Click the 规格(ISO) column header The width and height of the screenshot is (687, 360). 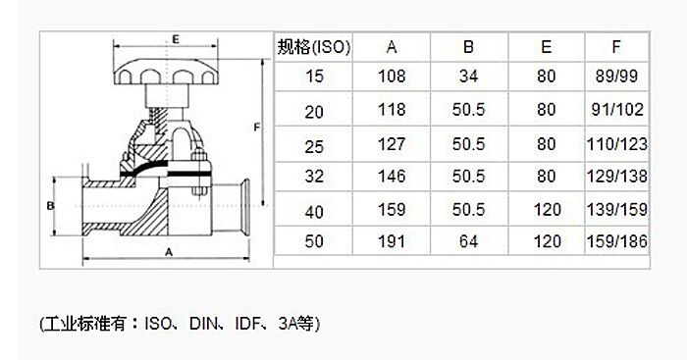[314, 47]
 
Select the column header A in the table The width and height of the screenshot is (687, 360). [392, 47]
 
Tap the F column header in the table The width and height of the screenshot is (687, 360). [616, 46]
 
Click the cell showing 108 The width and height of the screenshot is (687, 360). [392, 77]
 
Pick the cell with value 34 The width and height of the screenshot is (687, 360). [468, 77]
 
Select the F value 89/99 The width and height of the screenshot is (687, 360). [616, 77]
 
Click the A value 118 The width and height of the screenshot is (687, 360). [392, 110]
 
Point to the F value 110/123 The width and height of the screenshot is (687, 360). [617, 144]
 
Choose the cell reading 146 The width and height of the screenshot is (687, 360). [392, 176]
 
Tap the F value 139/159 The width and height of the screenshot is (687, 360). [617, 209]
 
